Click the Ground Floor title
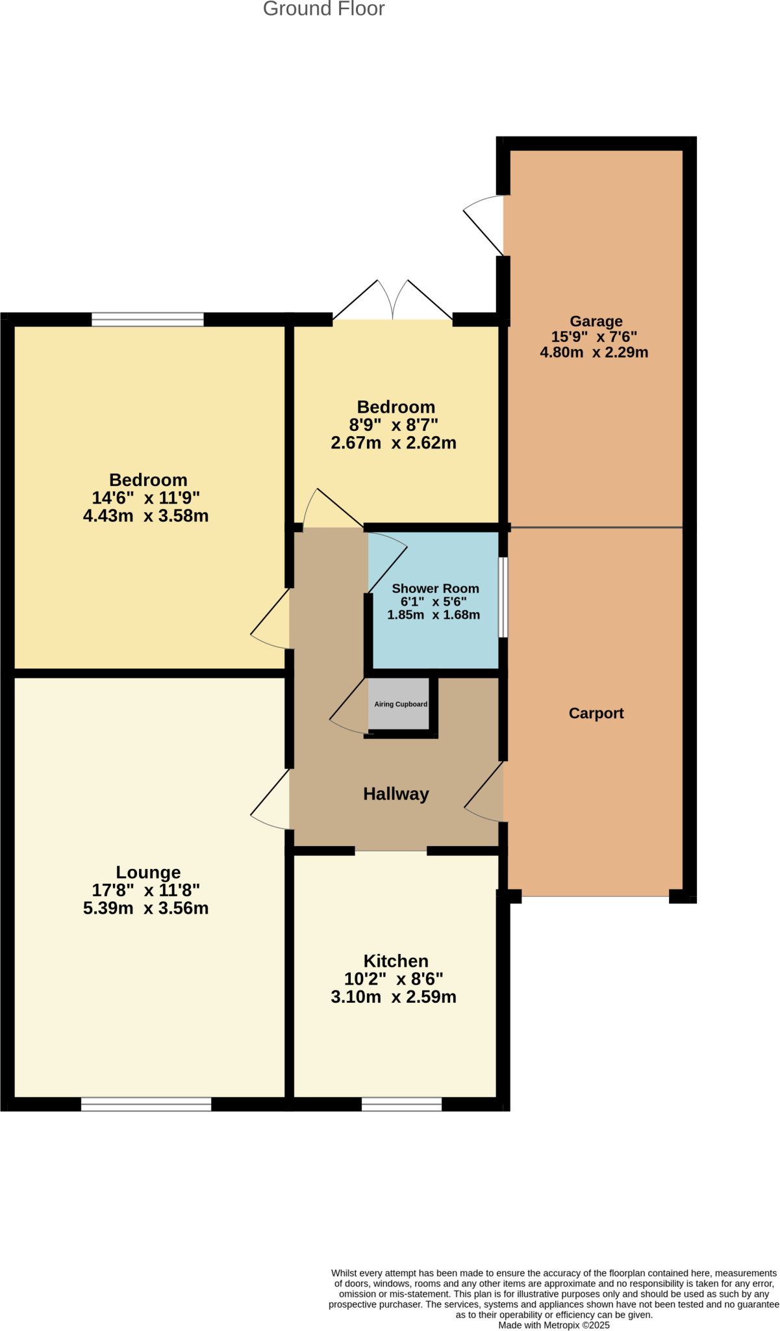pos(323,9)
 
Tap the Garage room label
pos(596,321)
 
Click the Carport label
pos(596,713)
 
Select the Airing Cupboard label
pos(401,704)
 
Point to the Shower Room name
pos(435,588)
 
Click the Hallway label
pos(396,794)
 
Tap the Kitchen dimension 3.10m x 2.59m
pos(393,997)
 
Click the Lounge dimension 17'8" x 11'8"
pos(145,890)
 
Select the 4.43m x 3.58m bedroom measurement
pos(145,516)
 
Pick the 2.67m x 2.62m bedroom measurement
pos(393,443)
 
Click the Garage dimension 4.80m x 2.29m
pos(594,352)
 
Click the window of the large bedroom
pos(147,319)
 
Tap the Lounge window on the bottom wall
pos(146,1104)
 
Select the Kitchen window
pos(401,1104)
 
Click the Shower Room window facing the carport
pos(503,597)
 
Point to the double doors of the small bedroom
pos(393,302)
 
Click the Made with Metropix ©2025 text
pos(553,1325)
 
